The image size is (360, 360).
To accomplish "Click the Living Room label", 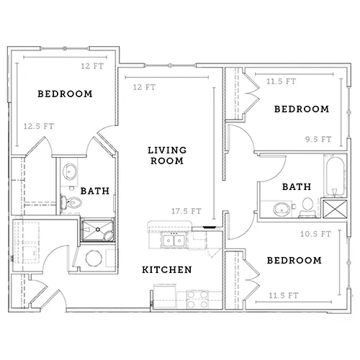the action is tap(167, 156).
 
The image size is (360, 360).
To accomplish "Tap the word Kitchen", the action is tap(167, 270).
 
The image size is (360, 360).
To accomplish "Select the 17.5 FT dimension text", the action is tap(186, 211).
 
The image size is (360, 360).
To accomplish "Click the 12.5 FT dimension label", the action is tap(39, 126).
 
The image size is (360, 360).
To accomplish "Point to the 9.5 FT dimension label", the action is tap(318, 139).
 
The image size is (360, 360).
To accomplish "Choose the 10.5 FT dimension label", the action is tap(315, 234).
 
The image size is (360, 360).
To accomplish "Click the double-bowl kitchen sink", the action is tap(174, 240).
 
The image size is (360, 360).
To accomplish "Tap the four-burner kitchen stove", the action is tap(197, 300).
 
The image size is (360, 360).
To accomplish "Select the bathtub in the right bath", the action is tap(335, 176).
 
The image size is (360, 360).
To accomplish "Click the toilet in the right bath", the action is tap(307, 207).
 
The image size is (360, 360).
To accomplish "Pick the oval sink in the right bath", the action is tap(282, 209).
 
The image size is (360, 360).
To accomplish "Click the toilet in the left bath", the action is tap(71, 203).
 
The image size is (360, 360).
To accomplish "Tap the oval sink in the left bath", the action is tap(70, 171).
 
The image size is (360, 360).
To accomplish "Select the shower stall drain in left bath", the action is tap(98, 230).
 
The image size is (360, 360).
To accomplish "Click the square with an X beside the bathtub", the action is tap(335, 209).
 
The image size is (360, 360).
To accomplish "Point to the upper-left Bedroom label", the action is tap(65, 94).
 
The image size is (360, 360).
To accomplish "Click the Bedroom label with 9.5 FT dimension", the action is tap(302, 109).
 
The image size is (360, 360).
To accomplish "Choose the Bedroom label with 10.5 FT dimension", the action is tap(294, 261).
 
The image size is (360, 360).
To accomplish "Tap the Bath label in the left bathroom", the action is tap(95, 191).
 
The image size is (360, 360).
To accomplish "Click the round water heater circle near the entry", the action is tap(94, 258).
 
